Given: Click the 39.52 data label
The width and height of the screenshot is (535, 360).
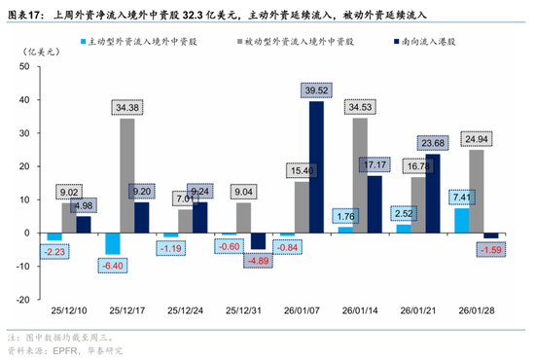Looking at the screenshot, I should pyautogui.click(x=317, y=90).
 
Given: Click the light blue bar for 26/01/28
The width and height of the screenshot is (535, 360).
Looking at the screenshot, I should pyautogui.click(x=461, y=221).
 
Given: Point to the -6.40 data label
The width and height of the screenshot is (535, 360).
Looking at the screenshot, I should pyautogui.click(x=114, y=266).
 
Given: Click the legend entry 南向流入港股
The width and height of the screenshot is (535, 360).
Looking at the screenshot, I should pyautogui.click(x=433, y=45).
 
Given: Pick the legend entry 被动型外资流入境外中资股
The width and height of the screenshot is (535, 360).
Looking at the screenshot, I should pyautogui.click(x=298, y=45).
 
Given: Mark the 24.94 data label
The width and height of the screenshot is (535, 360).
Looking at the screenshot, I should pyautogui.click(x=477, y=139).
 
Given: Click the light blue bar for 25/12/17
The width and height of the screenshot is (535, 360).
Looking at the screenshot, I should pyautogui.click(x=113, y=243).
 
